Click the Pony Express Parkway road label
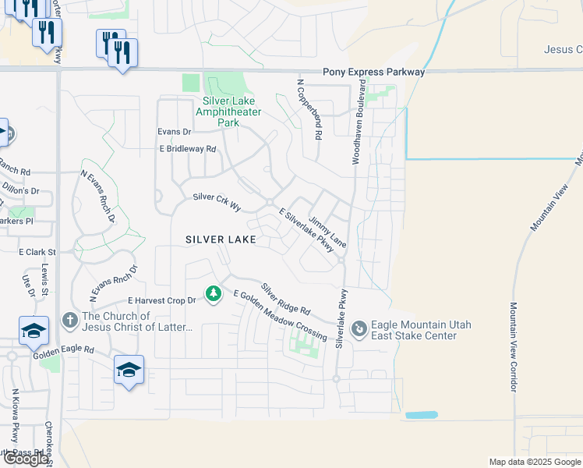coord(374,72)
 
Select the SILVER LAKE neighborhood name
coord(221,239)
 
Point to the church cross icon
coord(69,319)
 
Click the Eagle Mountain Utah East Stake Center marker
coord(359,328)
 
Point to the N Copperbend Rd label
coord(309,108)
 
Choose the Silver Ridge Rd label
coord(285,299)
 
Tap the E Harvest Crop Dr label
coord(161,300)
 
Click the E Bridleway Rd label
coord(187,148)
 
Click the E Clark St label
coord(38,253)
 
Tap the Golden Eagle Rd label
coord(63,352)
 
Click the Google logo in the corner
coord(26,459)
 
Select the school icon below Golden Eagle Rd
coord(129,368)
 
